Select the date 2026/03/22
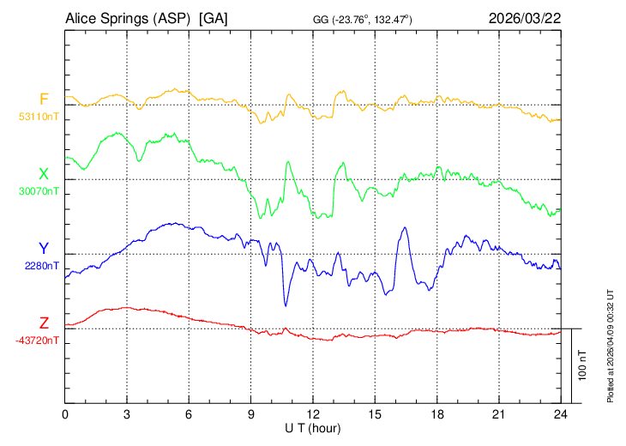click(525, 18)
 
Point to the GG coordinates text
click(362, 20)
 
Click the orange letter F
click(44, 99)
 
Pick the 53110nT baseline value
click(39, 116)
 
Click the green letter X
click(44, 174)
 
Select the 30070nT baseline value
click(39, 190)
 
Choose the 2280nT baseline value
click(42, 266)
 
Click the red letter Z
click(44, 323)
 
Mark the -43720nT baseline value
click(37, 341)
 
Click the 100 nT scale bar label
click(583, 365)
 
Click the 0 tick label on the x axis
click(65, 414)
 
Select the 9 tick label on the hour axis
click(251, 414)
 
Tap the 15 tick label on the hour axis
click(375, 414)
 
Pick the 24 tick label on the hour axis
click(560, 414)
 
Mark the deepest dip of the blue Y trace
click(286, 304)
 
